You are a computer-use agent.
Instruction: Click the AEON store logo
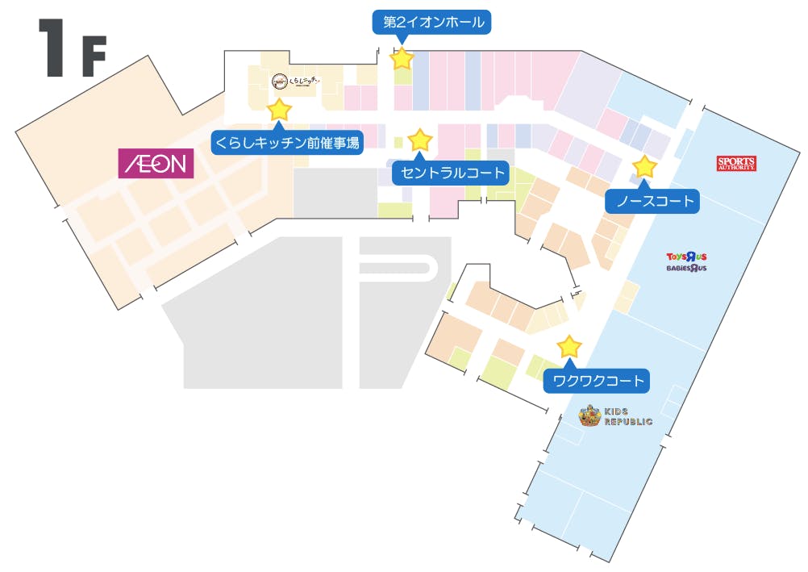[x=156, y=163]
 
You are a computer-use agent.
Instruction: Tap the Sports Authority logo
[x=736, y=163]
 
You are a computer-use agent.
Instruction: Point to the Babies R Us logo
[x=686, y=267]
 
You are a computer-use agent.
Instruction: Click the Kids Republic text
[x=627, y=416]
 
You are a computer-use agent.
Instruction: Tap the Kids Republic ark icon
[x=589, y=416]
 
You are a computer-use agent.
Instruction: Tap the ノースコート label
[x=654, y=201]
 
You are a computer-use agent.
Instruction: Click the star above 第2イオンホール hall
[x=402, y=59]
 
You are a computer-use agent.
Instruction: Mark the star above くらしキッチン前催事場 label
[x=279, y=110]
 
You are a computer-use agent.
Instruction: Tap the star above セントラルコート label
[x=420, y=140]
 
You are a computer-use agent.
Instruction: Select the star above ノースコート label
[x=644, y=167]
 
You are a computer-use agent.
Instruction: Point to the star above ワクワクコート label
[x=569, y=347]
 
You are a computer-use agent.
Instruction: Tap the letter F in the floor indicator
[x=94, y=57]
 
